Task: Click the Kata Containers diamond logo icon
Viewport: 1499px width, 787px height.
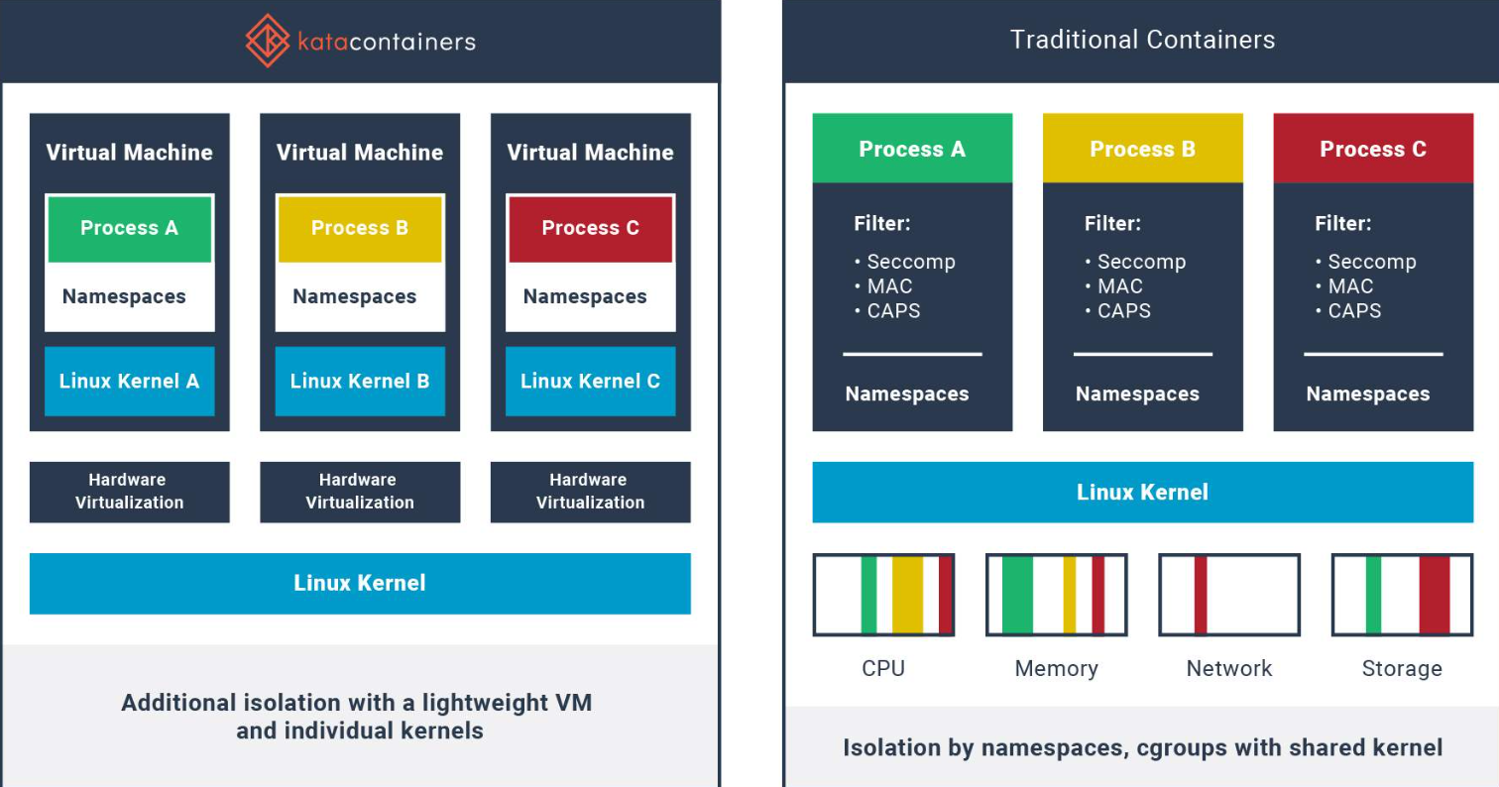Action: pyautogui.click(x=268, y=41)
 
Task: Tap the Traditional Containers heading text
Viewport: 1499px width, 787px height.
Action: pyautogui.click(x=1142, y=40)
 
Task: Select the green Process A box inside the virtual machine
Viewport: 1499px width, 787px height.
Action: pyautogui.click(x=130, y=229)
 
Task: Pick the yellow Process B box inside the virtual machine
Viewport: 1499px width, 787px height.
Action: pyautogui.click(x=360, y=229)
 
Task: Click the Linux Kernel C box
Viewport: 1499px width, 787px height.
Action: pyautogui.click(x=591, y=382)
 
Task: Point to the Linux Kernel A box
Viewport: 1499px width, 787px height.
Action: pyautogui.click(x=130, y=382)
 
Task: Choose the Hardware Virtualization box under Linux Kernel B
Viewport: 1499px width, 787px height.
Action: pyautogui.click(x=360, y=492)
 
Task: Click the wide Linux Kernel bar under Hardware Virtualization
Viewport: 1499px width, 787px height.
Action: pyautogui.click(x=360, y=584)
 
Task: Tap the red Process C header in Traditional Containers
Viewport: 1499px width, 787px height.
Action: pyautogui.click(x=1373, y=149)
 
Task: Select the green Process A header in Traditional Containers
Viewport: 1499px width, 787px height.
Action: pyautogui.click(x=912, y=149)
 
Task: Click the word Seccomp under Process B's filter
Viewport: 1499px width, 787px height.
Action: pyautogui.click(x=1141, y=262)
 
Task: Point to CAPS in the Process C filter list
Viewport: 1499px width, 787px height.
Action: pyautogui.click(x=1354, y=310)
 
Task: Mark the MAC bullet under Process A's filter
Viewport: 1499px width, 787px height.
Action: pyautogui.click(x=889, y=286)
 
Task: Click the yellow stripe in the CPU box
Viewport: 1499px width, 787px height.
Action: pyautogui.click(x=907, y=595)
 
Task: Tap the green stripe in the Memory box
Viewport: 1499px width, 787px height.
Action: pyautogui.click(x=1017, y=595)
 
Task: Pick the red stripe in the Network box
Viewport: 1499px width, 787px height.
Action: pyautogui.click(x=1201, y=595)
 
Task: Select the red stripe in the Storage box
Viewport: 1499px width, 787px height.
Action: pyautogui.click(x=1435, y=595)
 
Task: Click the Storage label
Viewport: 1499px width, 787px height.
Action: pyautogui.click(x=1402, y=669)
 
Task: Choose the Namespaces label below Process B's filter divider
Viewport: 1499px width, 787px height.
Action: pyautogui.click(x=1137, y=394)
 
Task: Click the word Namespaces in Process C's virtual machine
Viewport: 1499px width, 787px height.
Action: pyautogui.click(x=585, y=296)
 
